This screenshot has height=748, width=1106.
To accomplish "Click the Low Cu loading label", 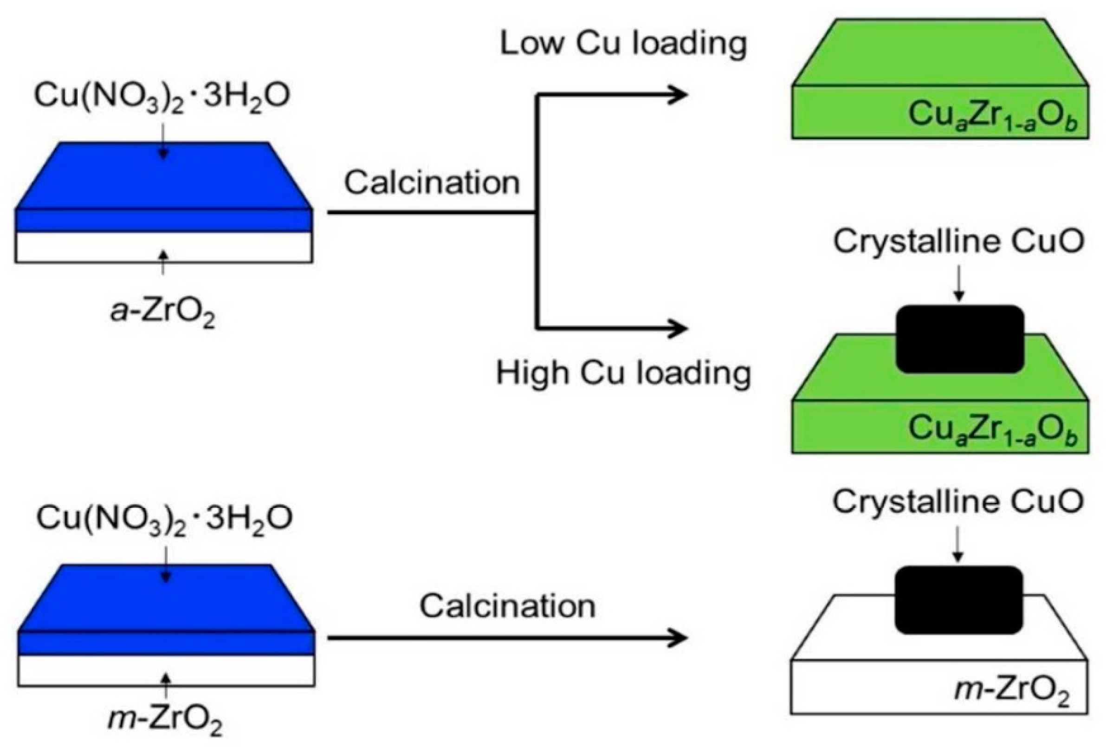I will click(x=623, y=44).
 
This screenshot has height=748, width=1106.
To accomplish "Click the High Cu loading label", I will click(x=623, y=373).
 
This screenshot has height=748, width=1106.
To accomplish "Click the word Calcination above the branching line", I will click(x=432, y=183).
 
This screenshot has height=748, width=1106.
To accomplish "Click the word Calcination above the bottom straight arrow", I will click(x=507, y=606).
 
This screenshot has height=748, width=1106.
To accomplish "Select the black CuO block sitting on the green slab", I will click(x=959, y=339).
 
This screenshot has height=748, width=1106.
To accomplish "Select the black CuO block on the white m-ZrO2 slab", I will click(x=958, y=600).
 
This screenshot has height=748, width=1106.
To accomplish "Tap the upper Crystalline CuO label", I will click(x=958, y=242).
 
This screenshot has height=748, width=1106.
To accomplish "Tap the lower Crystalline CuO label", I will click(x=958, y=502).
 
